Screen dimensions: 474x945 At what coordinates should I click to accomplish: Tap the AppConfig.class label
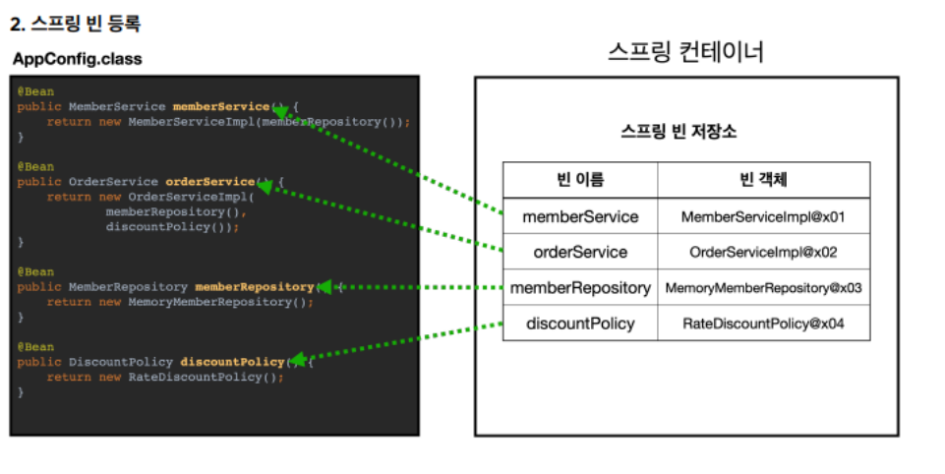tap(78, 59)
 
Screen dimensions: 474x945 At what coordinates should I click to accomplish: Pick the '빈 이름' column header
tap(580, 180)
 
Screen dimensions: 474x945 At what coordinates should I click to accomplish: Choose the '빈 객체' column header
tap(763, 180)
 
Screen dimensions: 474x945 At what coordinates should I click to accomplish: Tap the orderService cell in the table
tap(580, 252)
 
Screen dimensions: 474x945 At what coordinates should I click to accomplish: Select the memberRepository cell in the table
tap(580, 288)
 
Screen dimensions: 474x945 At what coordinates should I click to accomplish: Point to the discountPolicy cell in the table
tap(580, 324)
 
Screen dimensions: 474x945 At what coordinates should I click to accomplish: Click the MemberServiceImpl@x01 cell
tap(763, 216)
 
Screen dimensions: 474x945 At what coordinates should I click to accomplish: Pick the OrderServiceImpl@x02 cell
tap(763, 252)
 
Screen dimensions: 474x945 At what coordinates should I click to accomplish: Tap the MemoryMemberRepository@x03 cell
tap(763, 288)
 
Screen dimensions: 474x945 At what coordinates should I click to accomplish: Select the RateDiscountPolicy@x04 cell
tap(763, 324)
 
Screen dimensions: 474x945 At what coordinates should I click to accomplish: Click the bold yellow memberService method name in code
tap(220, 106)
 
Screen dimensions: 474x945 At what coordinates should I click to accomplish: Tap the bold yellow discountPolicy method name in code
tap(232, 362)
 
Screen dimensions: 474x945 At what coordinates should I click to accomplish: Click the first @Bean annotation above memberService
tap(34, 91)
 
